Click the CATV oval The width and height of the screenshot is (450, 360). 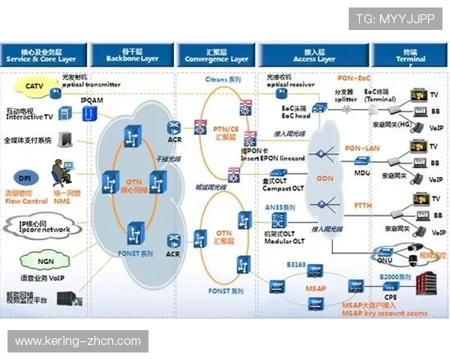coord(34,86)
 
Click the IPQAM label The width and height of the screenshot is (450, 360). coord(91,99)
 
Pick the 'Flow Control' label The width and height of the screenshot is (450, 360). coord(26,201)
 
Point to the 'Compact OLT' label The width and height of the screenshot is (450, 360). coord(283,187)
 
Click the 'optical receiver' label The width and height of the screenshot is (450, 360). coord(291,85)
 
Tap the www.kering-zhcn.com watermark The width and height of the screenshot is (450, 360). coord(78,341)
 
